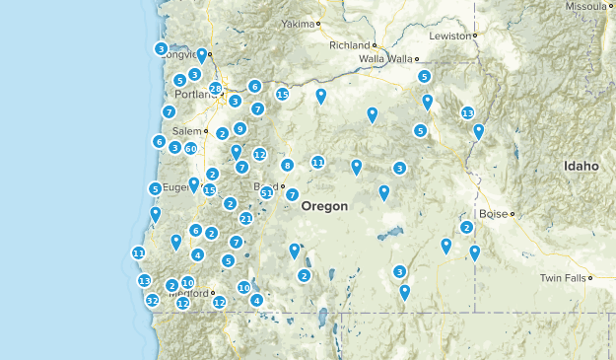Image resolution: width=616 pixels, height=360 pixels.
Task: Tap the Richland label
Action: [x=349, y=45]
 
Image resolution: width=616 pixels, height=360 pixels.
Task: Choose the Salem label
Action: [x=185, y=131]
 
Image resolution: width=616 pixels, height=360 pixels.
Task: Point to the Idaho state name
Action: [x=581, y=166]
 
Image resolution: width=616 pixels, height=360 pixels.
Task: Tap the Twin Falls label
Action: [x=562, y=279]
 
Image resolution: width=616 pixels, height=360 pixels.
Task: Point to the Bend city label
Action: [x=266, y=185]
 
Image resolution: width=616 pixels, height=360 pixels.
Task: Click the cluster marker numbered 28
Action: [x=216, y=89]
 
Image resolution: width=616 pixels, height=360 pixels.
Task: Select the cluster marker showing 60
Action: [x=191, y=148]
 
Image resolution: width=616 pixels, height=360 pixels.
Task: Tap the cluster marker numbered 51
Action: [x=266, y=192]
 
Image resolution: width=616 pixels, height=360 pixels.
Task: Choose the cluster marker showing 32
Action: [x=152, y=300]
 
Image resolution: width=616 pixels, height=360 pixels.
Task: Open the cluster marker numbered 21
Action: [x=245, y=218]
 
